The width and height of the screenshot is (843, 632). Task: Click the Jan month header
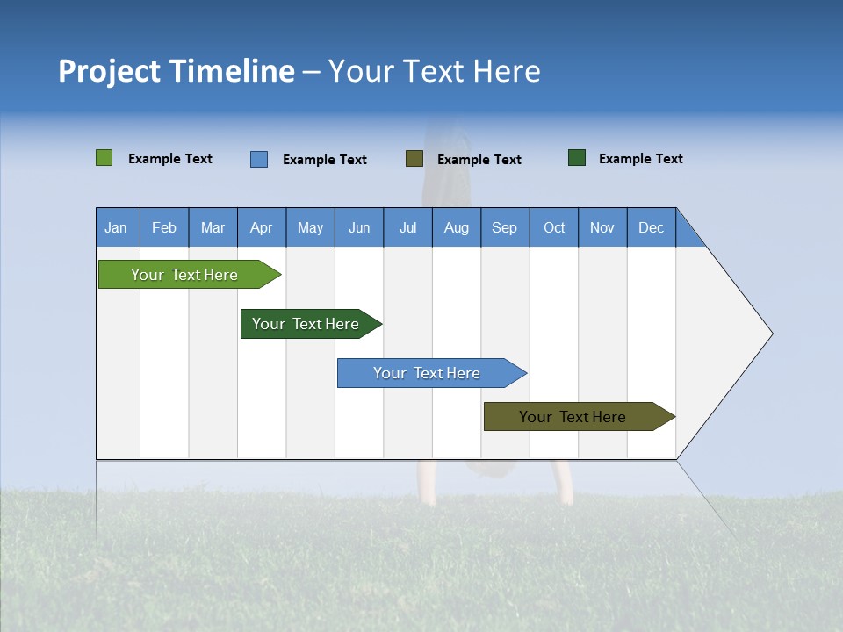pyautogui.click(x=116, y=227)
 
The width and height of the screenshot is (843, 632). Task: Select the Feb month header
pyautogui.click(x=164, y=227)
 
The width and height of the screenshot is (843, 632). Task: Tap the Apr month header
pyautogui.click(x=262, y=227)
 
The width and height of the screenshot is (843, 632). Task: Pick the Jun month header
pyautogui.click(x=359, y=227)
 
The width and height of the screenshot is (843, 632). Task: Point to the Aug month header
pyautogui.click(x=457, y=227)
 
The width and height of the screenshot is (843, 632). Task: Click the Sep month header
pyautogui.click(x=505, y=227)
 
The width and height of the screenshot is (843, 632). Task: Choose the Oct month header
pyautogui.click(x=554, y=227)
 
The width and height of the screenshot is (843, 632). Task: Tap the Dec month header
pyautogui.click(x=652, y=227)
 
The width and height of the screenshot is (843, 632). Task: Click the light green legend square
pyautogui.click(x=104, y=158)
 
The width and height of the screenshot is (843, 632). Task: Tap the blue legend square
pyautogui.click(x=259, y=159)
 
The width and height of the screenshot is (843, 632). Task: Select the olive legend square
pyautogui.click(x=414, y=158)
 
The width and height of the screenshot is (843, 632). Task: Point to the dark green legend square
pyautogui.click(x=577, y=158)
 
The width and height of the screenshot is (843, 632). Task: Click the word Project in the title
pyautogui.click(x=107, y=71)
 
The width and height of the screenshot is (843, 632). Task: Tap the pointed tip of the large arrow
pyautogui.click(x=770, y=334)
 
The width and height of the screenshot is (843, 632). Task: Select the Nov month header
pyautogui.click(x=602, y=227)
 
